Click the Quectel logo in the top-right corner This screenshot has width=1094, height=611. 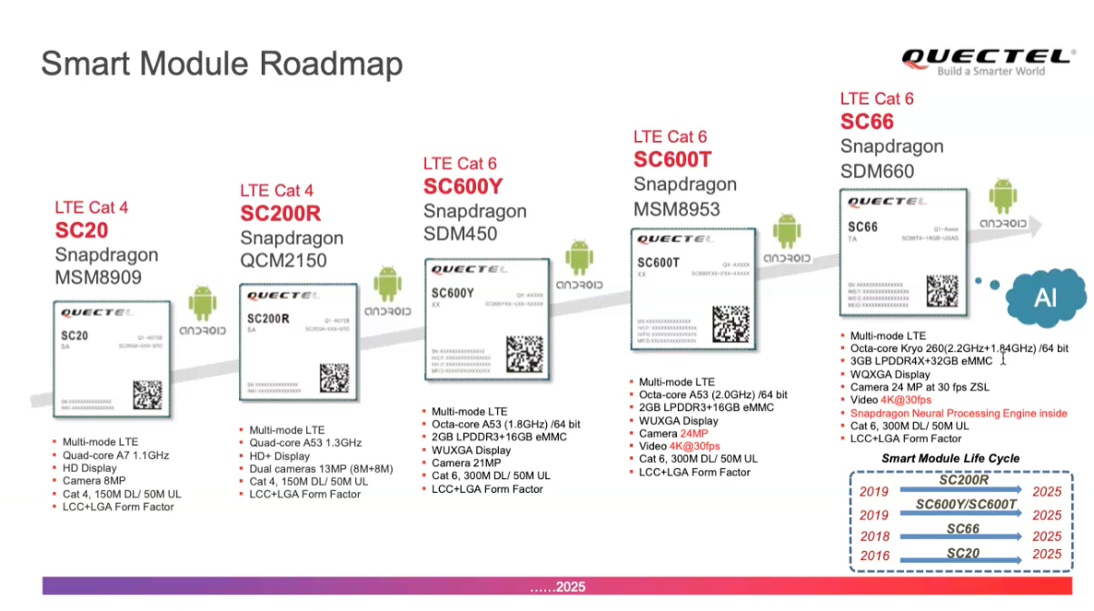coord(986,61)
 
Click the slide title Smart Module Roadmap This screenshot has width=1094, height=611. coord(222,65)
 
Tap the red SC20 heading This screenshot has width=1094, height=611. coord(82,231)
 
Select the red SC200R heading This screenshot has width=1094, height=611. coord(280,214)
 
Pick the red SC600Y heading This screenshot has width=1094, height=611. coord(462,187)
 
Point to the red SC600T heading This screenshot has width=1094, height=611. coord(672,160)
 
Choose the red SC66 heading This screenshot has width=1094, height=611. coord(867,122)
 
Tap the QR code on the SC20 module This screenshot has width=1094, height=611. coord(146,395)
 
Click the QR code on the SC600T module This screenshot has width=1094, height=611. coord(731,325)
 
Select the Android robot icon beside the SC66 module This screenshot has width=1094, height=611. coord(1002,196)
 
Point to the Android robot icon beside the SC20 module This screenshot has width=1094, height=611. coord(202,304)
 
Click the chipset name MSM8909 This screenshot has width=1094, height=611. coord(98,277)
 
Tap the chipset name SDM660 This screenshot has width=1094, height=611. coord(877,171)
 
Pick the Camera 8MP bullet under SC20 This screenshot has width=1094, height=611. coord(94,481)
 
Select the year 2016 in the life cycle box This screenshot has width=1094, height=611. coord(875,555)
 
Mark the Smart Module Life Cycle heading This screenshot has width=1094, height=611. coord(950,458)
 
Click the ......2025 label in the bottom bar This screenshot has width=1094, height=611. coord(558,587)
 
